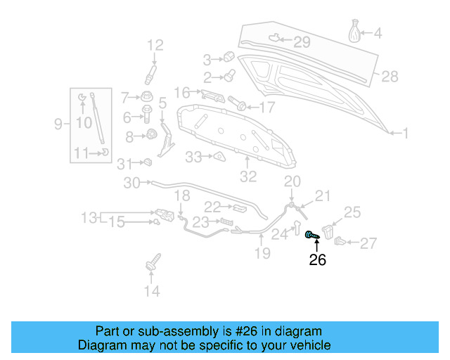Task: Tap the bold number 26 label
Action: click(317, 260)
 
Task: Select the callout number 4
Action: click(378, 32)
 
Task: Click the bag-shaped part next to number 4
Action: click(356, 32)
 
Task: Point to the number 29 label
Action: click(301, 42)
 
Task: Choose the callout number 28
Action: click(390, 76)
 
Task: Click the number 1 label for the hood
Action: click(405, 132)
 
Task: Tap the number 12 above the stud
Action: click(154, 46)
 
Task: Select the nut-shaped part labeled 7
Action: click(148, 96)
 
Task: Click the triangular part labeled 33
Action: click(219, 157)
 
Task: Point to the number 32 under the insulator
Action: click(248, 176)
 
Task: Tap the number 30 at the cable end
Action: click(132, 184)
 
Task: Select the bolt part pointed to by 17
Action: click(238, 106)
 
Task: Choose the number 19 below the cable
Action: click(262, 253)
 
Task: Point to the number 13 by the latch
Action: click(89, 218)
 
